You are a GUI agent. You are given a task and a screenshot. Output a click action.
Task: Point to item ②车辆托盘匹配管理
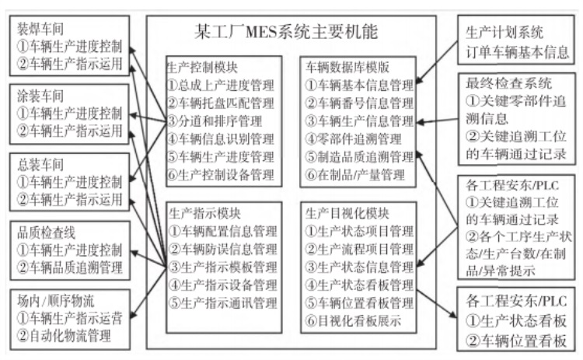tap(222, 103)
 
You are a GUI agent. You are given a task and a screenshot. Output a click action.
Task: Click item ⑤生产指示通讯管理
tap(222, 302)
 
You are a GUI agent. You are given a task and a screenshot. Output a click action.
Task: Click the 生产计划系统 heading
tap(504, 33)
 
